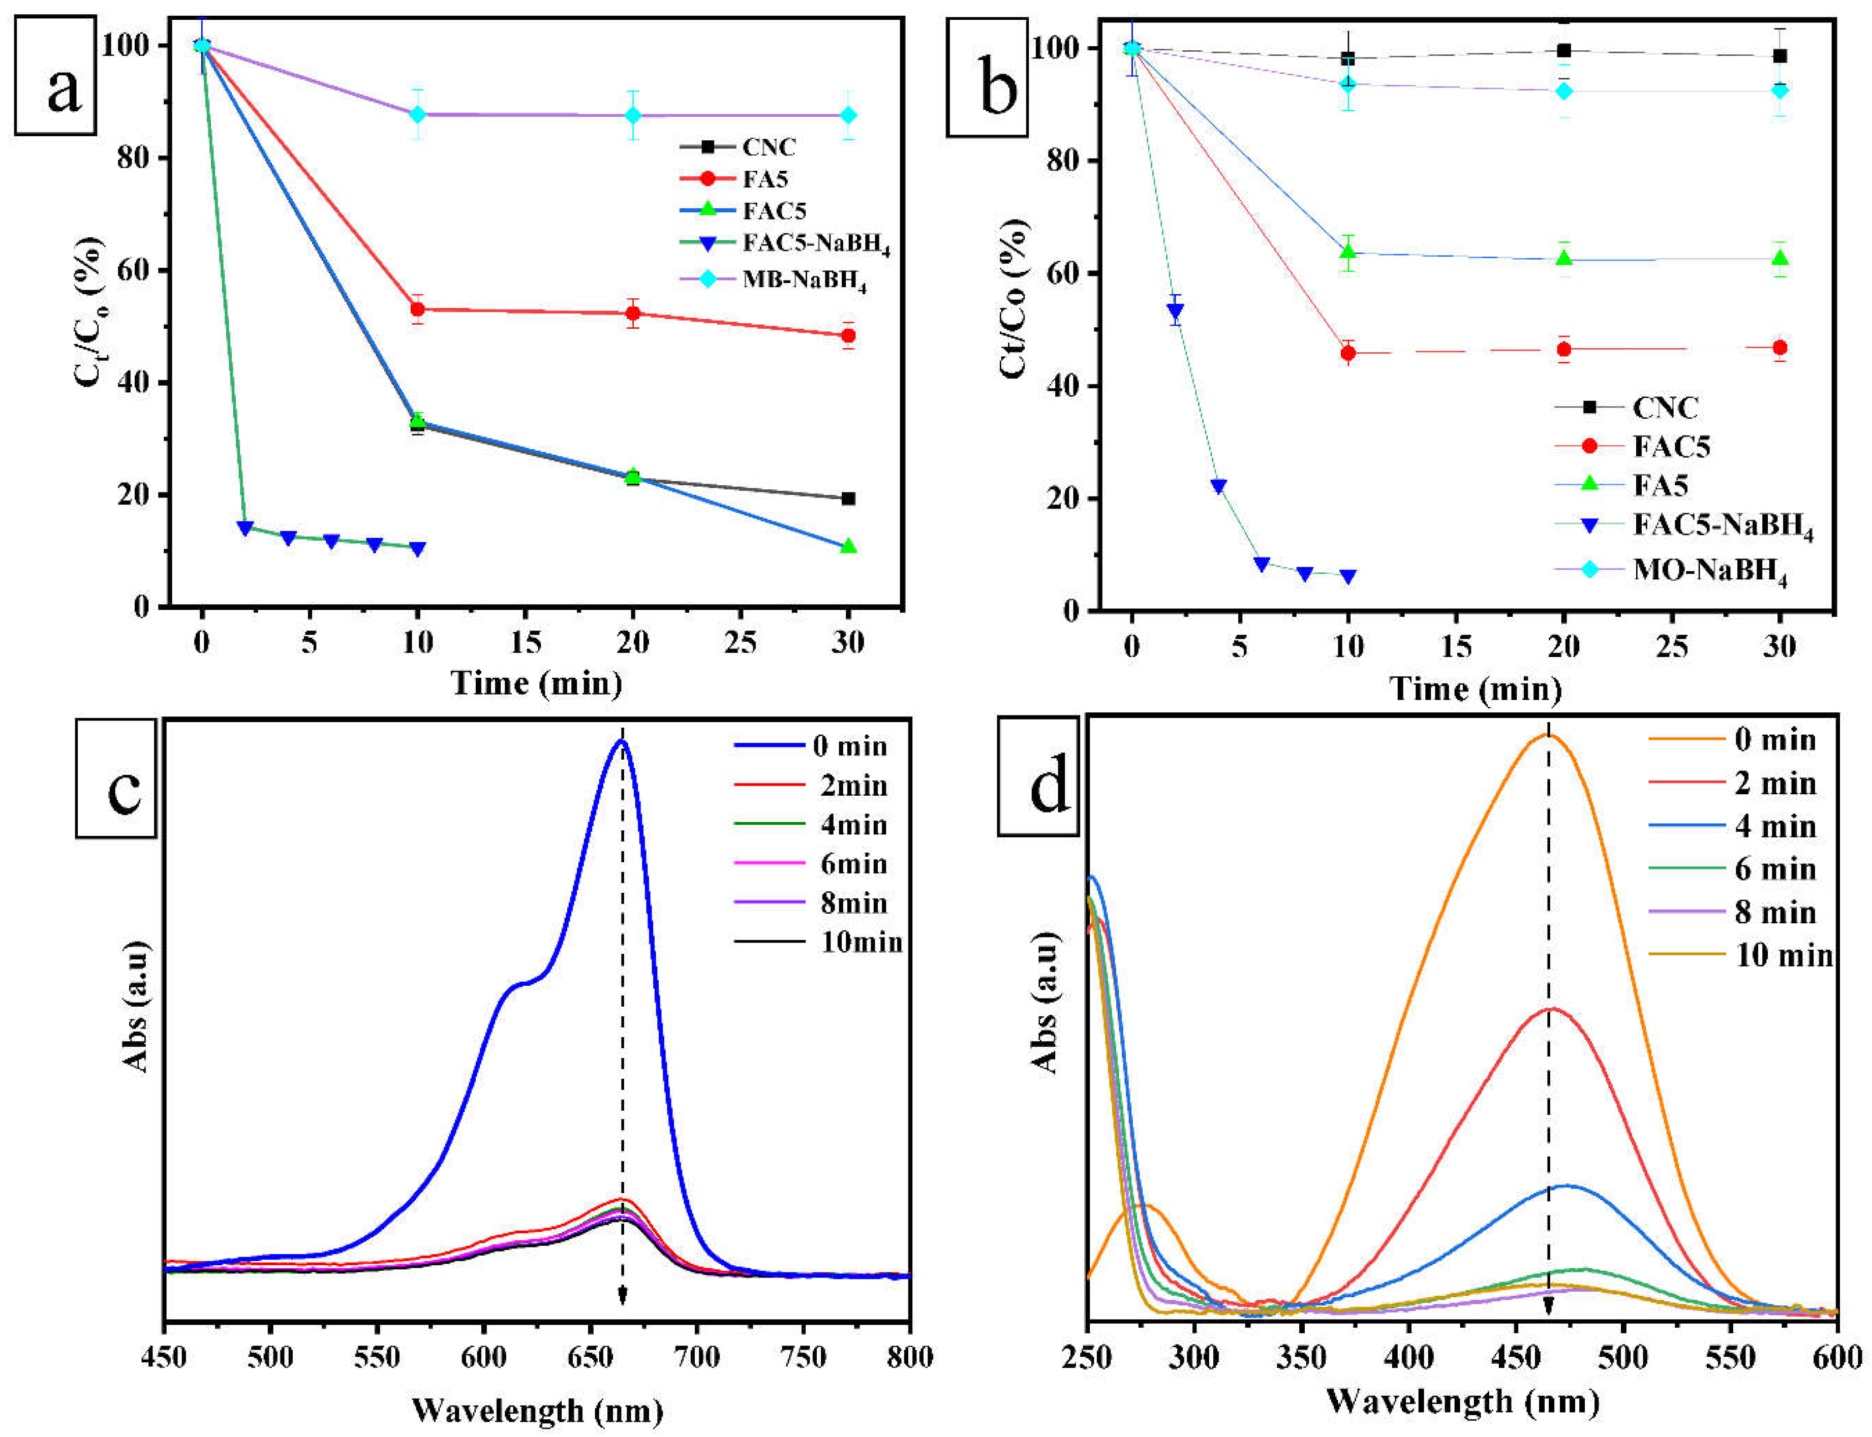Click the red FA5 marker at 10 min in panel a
[417, 309]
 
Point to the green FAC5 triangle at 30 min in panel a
[848, 546]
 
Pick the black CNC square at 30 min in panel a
[848, 498]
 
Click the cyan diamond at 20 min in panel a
[633, 115]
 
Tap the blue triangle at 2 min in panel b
[1176, 310]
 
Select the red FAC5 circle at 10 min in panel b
[1348, 353]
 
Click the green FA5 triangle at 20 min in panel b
[1564, 258]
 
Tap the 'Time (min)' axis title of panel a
[536, 683]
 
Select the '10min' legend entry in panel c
[861, 943]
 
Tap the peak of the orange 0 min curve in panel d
[1547, 734]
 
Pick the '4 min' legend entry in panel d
[1774, 826]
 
